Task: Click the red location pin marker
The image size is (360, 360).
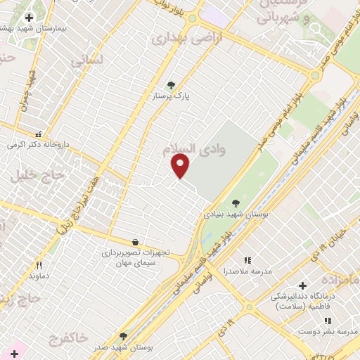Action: point(181,166)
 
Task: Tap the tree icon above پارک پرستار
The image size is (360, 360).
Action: point(171,85)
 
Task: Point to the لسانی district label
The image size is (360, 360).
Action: point(87,60)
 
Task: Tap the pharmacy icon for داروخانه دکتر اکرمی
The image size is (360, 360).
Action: point(38,133)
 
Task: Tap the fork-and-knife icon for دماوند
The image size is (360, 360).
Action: point(39,265)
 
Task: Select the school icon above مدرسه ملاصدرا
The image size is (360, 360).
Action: point(247,261)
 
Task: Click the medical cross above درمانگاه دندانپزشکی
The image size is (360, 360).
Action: point(302,285)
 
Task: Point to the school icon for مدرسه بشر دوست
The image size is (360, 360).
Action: point(327,321)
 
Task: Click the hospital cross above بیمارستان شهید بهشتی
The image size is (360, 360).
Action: point(29,18)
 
